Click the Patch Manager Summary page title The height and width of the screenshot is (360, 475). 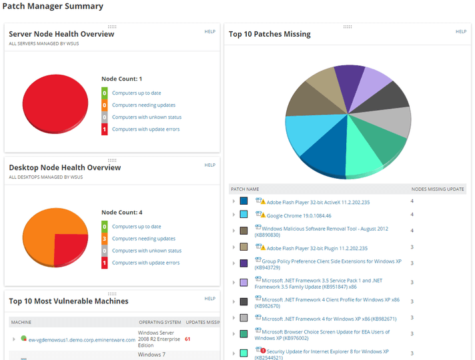click(53, 7)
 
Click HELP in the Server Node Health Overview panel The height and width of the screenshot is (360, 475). click(209, 31)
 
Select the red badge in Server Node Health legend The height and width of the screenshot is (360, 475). click(105, 129)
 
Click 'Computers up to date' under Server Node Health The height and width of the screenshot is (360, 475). click(136, 93)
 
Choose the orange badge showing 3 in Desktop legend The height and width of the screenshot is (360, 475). click(105, 239)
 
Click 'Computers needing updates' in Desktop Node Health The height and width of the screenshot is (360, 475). click(143, 239)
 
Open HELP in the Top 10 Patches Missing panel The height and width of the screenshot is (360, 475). click(461, 31)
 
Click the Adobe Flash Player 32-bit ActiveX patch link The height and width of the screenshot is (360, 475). click(318, 202)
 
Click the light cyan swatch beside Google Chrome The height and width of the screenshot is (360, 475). click(244, 215)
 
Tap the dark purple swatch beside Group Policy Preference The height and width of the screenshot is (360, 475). click(244, 263)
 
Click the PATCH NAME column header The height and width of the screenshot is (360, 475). click(245, 189)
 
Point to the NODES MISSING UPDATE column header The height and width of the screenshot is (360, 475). click(438, 189)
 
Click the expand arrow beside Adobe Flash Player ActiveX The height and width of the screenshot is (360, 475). click(233, 201)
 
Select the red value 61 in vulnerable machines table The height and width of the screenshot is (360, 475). click(187, 339)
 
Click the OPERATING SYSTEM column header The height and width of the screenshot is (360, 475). click(159, 322)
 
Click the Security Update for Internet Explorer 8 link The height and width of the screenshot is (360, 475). click(327, 351)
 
